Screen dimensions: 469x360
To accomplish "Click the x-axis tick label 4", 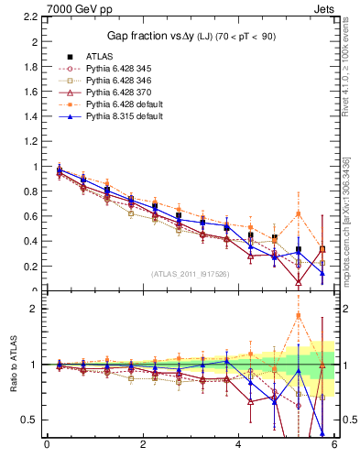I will point(238,444).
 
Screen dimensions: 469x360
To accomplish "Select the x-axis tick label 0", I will point(47,444).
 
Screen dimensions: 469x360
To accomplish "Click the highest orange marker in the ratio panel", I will point(298,316).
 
